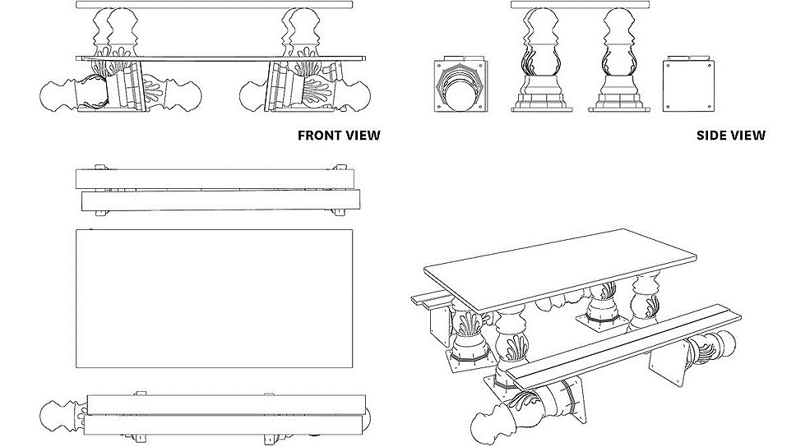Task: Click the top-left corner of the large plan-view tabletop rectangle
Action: [76, 230]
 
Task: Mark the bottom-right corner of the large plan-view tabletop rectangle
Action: [353, 367]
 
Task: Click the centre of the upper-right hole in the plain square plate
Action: [708, 64]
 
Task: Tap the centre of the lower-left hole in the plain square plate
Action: [668, 107]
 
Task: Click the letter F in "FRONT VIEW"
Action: [302, 136]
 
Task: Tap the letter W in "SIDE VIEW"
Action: [759, 136]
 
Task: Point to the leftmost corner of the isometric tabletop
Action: [424, 267]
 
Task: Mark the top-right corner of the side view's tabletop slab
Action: [650, 2]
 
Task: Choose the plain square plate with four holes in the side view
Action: [689, 85]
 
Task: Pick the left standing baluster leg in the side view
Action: [540, 59]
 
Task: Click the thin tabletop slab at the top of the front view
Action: [215, 5]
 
